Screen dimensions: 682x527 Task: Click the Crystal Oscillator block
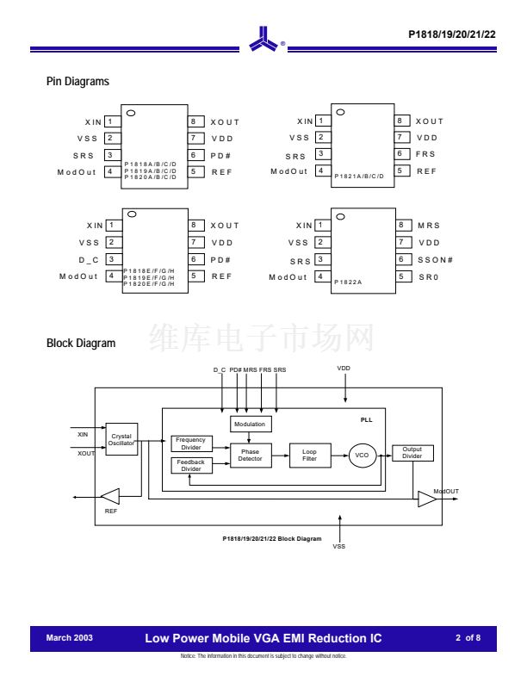click(x=121, y=439)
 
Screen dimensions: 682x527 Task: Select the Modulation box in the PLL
click(x=249, y=424)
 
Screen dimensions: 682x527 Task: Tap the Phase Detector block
click(x=251, y=455)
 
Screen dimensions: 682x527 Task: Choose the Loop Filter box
click(x=310, y=456)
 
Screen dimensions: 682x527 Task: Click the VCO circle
click(x=362, y=456)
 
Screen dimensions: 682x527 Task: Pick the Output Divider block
click(x=412, y=453)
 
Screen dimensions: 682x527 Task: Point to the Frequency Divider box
click(x=191, y=443)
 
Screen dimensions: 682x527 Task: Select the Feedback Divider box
click(x=191, y=466)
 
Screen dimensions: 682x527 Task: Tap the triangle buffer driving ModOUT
click(x=426, y=499)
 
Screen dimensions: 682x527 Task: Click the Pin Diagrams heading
click(x=77, y=82)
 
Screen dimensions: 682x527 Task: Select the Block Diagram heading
click(x=80, y=344)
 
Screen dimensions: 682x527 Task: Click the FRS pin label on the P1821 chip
click(x=425, y=154)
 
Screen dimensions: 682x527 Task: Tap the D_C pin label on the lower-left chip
click(x=90, y=259)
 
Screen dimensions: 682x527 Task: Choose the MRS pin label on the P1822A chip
click(x=428, y=225)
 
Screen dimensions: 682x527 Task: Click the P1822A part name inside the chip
click(x=350, y=281)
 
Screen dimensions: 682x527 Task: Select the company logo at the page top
click(x=263, y=41)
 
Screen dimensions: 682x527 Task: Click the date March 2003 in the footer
click(x=69, y=638)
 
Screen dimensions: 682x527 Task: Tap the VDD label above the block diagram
click(x=344, y=369)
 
